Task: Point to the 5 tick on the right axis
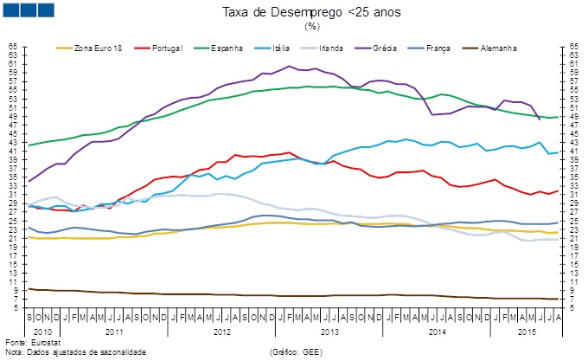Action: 572,307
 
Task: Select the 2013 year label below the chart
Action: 329,332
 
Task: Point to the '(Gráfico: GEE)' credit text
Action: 296,351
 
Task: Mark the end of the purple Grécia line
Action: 540,119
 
